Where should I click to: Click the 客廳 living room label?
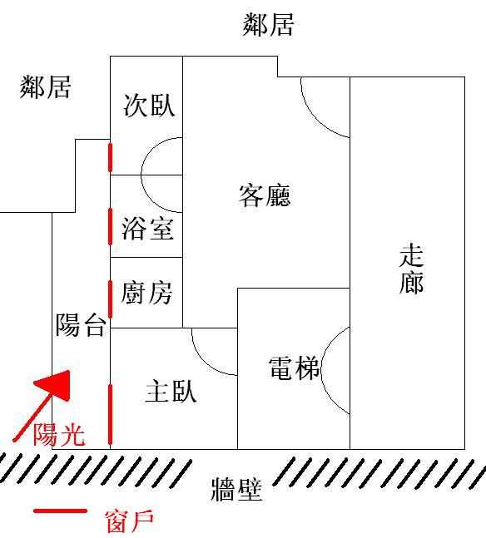(x=265, y=195)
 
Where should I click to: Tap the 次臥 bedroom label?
(x=150, y=105)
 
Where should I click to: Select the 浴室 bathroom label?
(x=147, y=229)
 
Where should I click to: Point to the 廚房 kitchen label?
(x=146, y=293)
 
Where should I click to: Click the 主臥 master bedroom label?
(x=171, y=391)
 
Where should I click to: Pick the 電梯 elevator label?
(x=294, y=368)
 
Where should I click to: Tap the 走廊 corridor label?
(x=411, y=269)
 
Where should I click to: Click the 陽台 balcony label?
(x=81, y=324)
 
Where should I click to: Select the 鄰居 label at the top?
(x=268, y=25)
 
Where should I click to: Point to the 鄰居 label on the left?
(x=45, y=87)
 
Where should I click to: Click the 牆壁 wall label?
(x=236, y=490)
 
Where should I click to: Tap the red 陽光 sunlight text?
(x=59, y=435)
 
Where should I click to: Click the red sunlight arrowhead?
(x=57, y=383)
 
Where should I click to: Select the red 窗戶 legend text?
(x=129, y=521)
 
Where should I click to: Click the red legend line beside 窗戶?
(x=60, y=511)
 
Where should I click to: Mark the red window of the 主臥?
(x=110, y=414)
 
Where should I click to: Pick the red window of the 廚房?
(x=110, y=299)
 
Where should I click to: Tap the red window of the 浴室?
(x=110, y=226)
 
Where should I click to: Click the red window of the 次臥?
(x=110, y=157)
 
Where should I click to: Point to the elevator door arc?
(x=321, y=371)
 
